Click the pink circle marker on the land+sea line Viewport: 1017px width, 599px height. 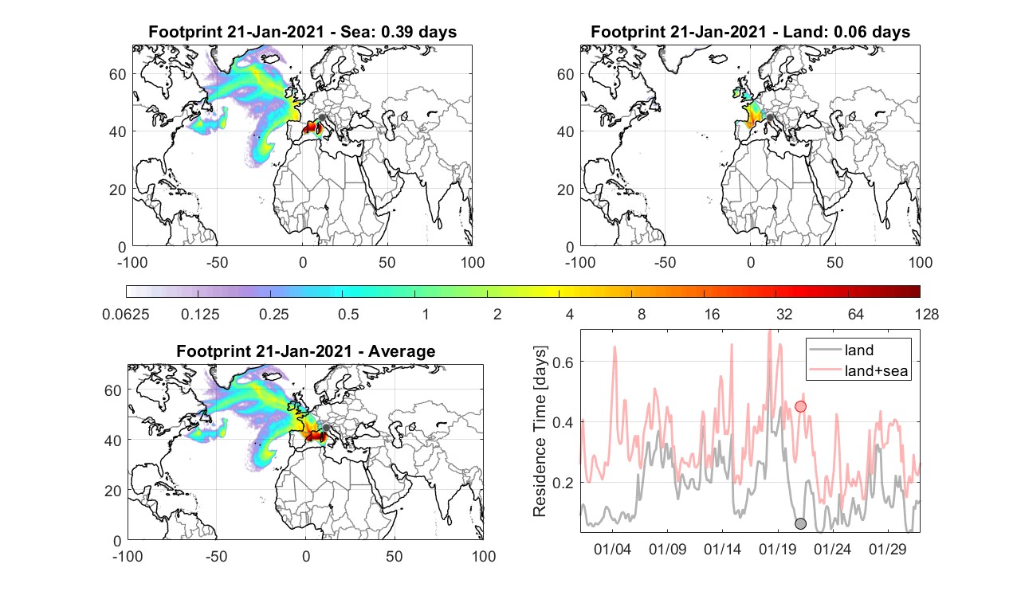[x=800, y=406]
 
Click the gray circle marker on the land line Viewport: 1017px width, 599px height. [x=800, y=523]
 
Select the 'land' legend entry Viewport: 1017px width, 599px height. [x=859, y=350]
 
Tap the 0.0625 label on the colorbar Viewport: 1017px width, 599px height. [x=126, y=314]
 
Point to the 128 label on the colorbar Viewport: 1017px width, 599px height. [x=927, y=314]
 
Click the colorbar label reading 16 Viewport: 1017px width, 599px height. [x=712, y=314]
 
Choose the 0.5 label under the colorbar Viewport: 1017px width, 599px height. [x=348, y=314]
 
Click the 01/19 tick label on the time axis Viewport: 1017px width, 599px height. [x=777, y=549]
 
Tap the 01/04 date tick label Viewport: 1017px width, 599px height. [x=612, y=549]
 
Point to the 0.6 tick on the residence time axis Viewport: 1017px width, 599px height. [x=563, y=362]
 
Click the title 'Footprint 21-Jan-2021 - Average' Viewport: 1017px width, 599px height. [x=305, y=351]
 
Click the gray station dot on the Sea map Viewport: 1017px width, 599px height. [x=322, y=118]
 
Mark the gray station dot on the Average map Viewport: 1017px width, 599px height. [x=325, y=428]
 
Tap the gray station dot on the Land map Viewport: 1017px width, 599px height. [x=770, y=118]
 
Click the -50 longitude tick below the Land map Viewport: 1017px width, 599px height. [x=666, y=262]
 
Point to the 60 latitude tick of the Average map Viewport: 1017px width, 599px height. [x=113, y=391]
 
